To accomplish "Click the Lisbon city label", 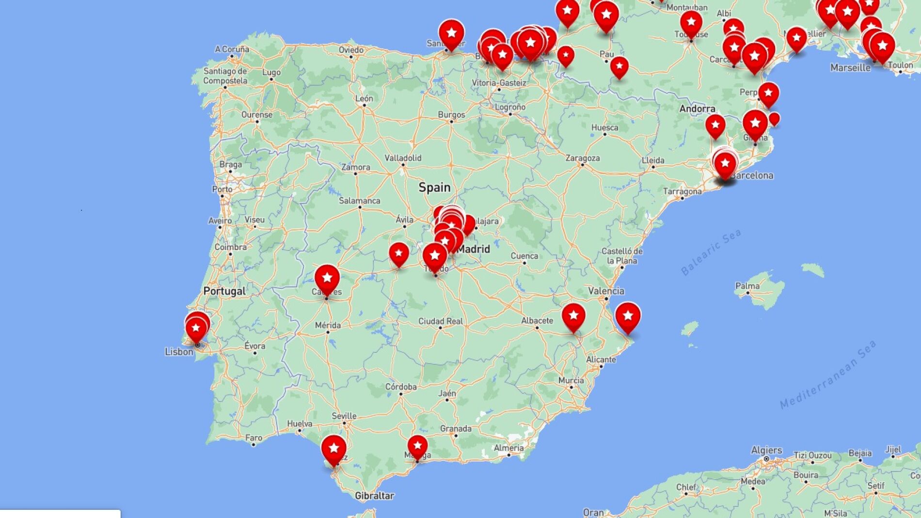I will (179, 352).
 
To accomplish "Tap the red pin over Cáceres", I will (327, 279).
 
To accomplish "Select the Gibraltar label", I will (374, 496).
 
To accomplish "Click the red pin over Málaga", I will (417, 445).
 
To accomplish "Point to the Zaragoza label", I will (583, 158).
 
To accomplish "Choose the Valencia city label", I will (606, 291).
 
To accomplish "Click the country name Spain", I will (434, 188).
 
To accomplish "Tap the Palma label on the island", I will (747, 286).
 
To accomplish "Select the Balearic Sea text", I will (711, 252).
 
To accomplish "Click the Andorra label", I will (697, 109).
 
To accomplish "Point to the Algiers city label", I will (766, 450).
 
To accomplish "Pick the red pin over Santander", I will (451, 33).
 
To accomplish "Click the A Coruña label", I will (232, 49).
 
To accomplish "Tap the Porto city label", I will (222, 189).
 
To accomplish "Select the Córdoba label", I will (401, 387).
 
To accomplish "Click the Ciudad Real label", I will (441, 321).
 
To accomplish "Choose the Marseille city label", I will (850, 68).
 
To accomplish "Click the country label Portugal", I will (224, 291).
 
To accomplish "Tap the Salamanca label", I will (359, 201).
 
